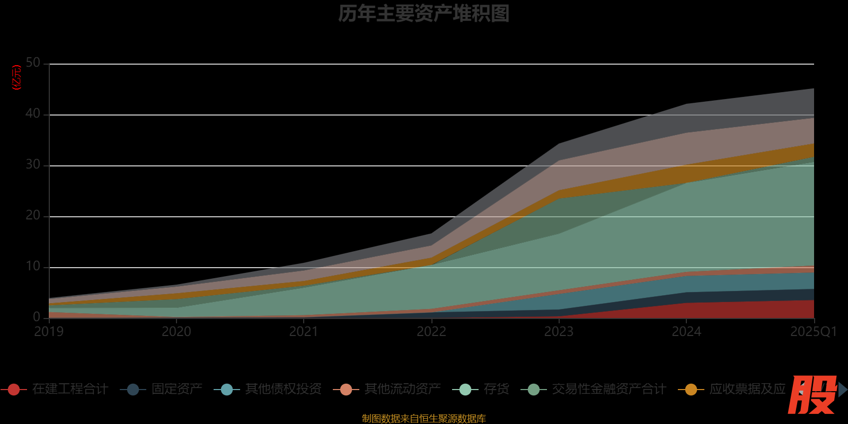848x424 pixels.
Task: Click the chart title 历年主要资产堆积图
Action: [x=423, y=14]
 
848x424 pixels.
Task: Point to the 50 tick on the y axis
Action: [x=33, y=63]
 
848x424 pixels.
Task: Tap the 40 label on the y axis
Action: [x=33, y=114]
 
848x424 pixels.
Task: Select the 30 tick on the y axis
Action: [x=33, y=165]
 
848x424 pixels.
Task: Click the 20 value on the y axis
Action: [x=33, y=216]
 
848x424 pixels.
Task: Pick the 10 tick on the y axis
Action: [x=33, y=267]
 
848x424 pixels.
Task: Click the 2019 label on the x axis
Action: [x=49, y=332]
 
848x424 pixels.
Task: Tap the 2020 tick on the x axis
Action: [x=176, y=332]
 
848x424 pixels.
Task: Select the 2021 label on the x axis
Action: [x=304, y=332]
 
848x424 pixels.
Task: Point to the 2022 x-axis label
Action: [x=431, y=332]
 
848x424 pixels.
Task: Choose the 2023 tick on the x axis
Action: [x=559, y=332]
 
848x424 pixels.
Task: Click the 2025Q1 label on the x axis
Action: [x=814, y=332]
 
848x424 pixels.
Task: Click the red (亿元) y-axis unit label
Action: [x=17, y=77]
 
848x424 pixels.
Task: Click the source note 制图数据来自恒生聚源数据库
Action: [x=423, y=419]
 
